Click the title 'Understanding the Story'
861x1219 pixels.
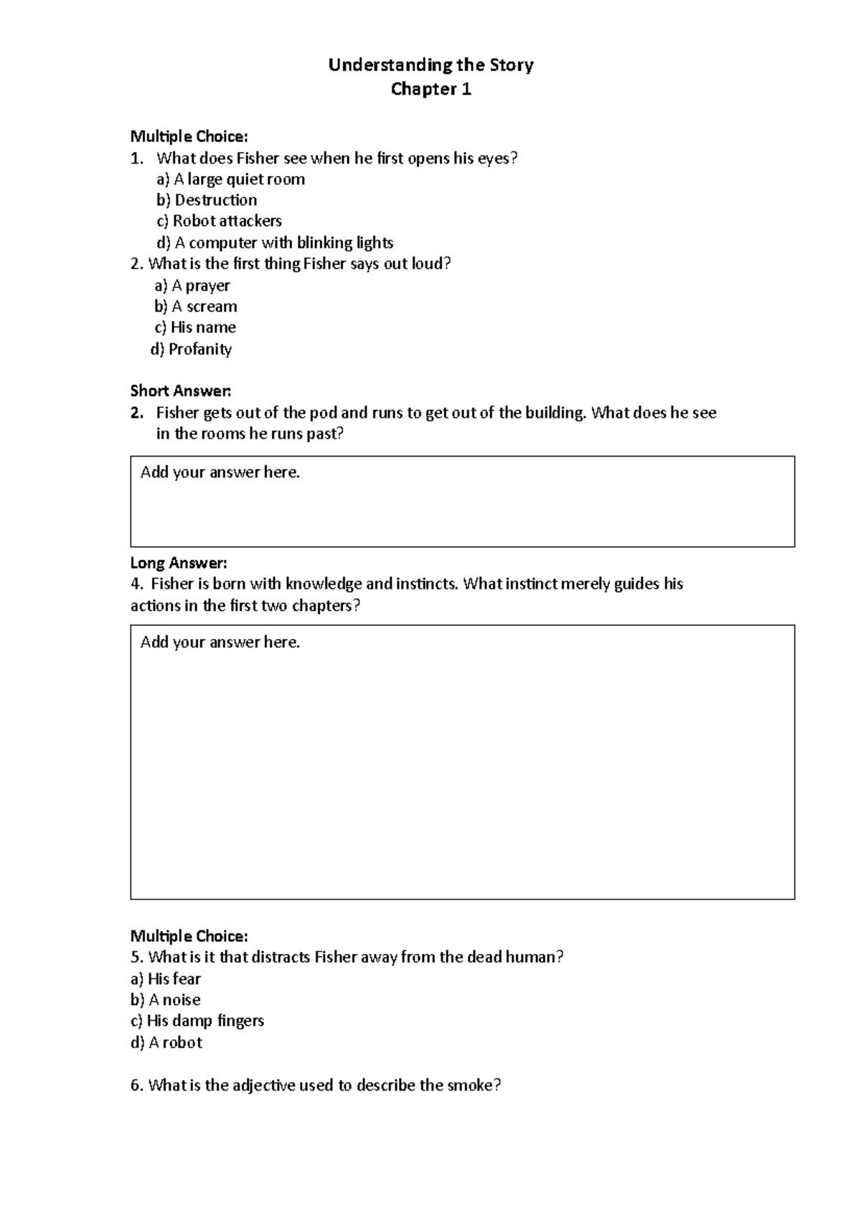pos(430,65)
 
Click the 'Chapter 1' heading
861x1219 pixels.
pos(430,90)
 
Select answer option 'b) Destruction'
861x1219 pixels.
pos(207,200)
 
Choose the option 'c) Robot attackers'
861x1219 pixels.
pos(219,221)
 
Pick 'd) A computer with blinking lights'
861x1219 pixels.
pos(275,243)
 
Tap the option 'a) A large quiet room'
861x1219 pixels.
pos(230,179)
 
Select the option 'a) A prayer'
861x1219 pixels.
pos(192,286)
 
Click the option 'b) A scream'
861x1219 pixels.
pos(195,307)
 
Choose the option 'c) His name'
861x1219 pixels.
pos(195,327)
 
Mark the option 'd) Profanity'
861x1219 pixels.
pos(191,350)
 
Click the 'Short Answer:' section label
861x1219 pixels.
pos(181,391)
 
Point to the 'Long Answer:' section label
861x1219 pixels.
pos(179,563)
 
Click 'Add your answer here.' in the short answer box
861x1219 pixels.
pos(220,472)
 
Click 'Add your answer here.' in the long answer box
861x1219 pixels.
pos(220,643)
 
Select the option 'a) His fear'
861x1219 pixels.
pos(165,979)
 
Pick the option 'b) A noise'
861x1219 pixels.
pos(165,1000)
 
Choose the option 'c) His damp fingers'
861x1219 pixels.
pos(197,1021)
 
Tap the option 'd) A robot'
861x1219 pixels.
pos(166,1042)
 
